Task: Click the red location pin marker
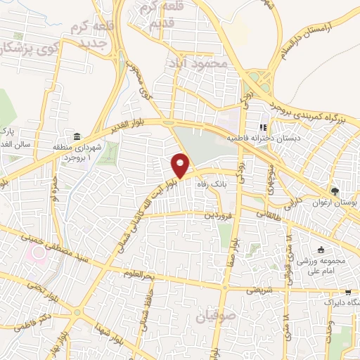(x=181, y=165)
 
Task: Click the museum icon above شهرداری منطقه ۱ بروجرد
(x=76, y=136)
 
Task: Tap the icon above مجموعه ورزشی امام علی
(x=321, y=250)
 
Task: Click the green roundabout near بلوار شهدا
(x=77, y=311)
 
